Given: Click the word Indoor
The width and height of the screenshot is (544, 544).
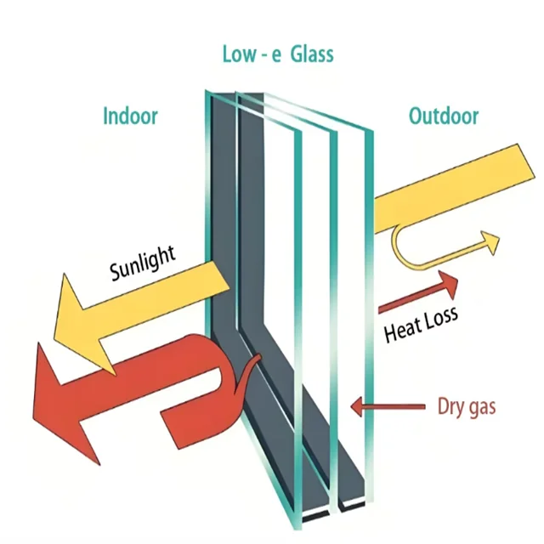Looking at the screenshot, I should coord(130,116).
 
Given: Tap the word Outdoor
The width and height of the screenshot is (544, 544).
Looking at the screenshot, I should coord(443,116).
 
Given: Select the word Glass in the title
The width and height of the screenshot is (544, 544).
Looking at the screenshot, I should coord(311,54).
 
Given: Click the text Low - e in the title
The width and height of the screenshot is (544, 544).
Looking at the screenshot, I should coord(251,54).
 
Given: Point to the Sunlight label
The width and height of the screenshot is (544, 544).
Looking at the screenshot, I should coord(143,263).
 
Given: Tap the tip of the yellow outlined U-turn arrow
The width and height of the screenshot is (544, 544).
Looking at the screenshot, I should coord(491,241).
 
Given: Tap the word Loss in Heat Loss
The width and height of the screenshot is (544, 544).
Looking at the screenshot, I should coord(440,318).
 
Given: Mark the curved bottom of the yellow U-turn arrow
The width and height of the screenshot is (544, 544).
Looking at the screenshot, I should coord(406,259).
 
